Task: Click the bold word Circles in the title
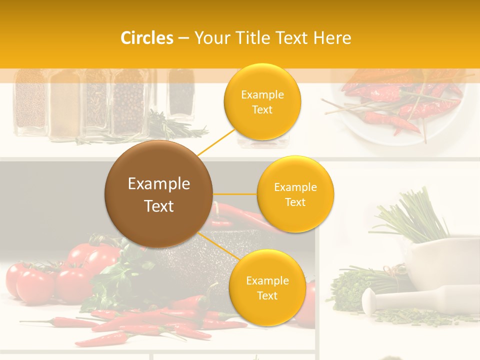pos(147,38)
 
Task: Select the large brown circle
pos(158,194)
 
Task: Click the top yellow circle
pos(262,101)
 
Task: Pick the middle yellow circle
pos(295,194)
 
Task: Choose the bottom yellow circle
pos(267,287)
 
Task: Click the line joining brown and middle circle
pos(234,194)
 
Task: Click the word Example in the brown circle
pos(158,184)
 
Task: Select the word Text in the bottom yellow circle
pos(267,295)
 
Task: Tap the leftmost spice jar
pos(30,102)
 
